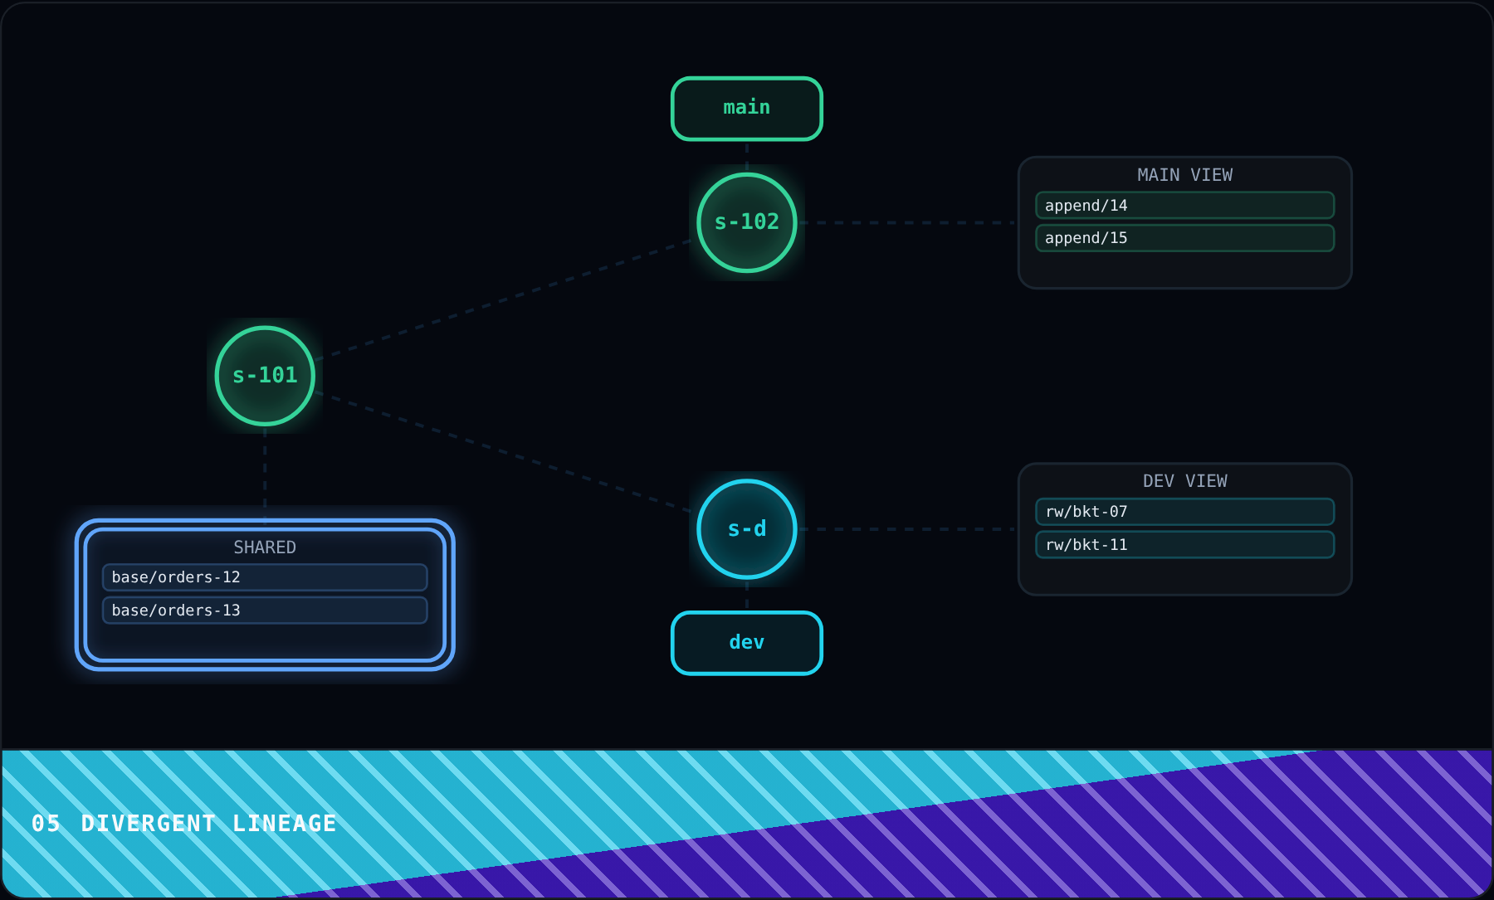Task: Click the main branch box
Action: tap(747, 109)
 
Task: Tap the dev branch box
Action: tap(747, 643)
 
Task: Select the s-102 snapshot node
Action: tap(747, 222)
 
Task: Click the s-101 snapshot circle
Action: tap(265, 376)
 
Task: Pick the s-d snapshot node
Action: tap(747, 529)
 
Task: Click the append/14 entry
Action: tap(1185, 205)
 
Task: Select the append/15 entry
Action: tap(1185, 238)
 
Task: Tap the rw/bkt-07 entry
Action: tap(1185, 512)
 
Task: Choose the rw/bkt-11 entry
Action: tap(1185, 545)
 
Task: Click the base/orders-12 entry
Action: tap(265, 577)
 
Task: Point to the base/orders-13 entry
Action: tap(265, 611)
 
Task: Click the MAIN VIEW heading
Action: tap(1185, 175)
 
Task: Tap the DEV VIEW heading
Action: tap(1185, 481)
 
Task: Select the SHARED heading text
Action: tap(265, 547)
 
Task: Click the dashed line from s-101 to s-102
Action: tap(502, 300)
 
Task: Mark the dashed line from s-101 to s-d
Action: tap(502, 451)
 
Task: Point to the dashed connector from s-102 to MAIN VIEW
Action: tap(908, 222)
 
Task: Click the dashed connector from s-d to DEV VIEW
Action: tap(908, 529)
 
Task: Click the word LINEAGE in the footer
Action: tap(285, 824)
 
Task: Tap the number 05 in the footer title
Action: tap(46, 824)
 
